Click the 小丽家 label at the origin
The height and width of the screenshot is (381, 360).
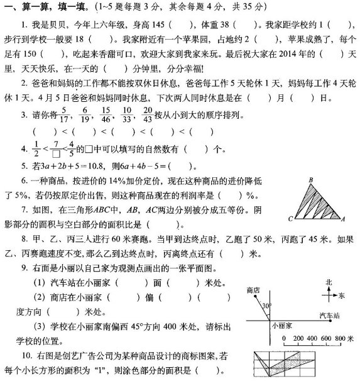coord(280,327)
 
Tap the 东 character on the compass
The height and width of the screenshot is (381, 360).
coord(342,294)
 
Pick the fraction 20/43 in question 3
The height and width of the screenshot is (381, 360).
coord(131,115)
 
